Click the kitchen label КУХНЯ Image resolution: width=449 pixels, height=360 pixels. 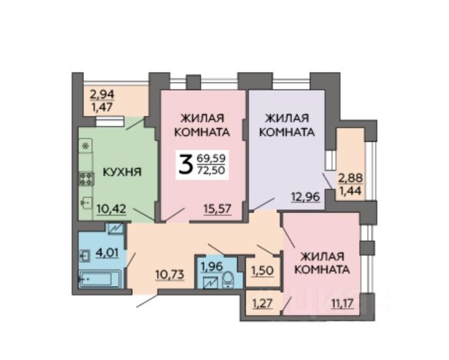coord(122,172)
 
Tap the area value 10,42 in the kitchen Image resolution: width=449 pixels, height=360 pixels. coord(111,209)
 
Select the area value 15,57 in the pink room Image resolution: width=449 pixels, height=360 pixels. coord(217,209)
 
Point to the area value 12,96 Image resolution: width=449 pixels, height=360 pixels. coord(305,197)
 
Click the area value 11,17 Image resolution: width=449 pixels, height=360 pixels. coord(342,303)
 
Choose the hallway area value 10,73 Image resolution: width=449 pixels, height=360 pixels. coord(170,274)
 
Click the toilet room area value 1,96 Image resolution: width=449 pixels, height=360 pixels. coord(212,266)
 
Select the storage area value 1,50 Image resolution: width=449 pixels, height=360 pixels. coord(262,271)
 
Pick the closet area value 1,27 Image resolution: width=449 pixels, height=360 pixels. coord(262,303)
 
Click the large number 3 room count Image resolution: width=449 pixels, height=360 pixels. coord(185,163)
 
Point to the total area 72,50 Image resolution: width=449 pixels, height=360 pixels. coord(211,170)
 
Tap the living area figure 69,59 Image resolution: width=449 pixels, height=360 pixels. coord(211,158)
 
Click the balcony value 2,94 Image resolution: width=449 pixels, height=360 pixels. coord(102,94)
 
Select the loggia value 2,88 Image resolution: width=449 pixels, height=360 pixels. coord(351,178)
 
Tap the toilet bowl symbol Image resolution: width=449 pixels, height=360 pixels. coord(228,279)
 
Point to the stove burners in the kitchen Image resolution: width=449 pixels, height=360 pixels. coord(87,179)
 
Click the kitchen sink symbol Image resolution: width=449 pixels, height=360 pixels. coord(86,203)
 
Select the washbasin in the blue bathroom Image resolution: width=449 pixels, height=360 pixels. coord(85,256)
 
